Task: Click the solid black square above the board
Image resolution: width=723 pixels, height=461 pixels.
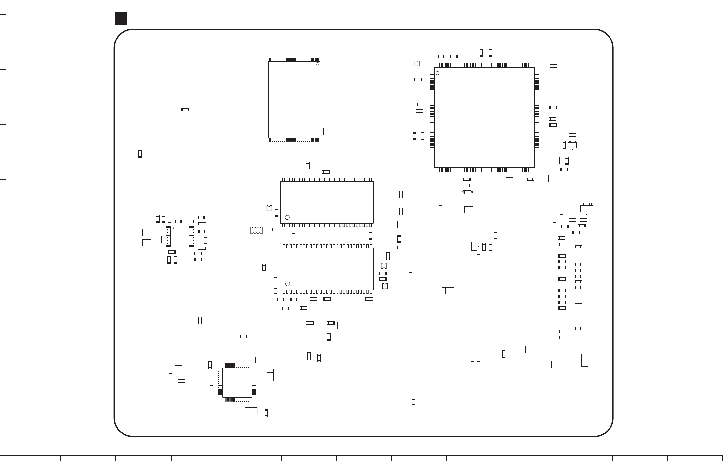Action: coord(121,18)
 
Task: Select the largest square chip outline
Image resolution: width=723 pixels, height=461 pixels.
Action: coord(484,117)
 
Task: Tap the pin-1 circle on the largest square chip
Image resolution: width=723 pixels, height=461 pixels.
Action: coord(437,73)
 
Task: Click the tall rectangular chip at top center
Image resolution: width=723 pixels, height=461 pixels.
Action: coord(294,99)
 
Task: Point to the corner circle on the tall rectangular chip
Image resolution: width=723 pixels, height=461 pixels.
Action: coord(317,64)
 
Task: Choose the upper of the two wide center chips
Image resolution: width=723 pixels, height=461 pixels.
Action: coord(327,202)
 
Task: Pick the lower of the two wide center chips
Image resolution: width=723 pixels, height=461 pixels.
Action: coord(327,269)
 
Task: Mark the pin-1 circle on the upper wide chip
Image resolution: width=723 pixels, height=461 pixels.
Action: coord(287,217)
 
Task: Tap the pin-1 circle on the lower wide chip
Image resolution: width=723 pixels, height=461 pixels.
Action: coord(288,284)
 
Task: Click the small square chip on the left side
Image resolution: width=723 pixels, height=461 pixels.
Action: coord(180,236)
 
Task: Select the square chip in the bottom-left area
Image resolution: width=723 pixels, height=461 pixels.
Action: coord(237,382)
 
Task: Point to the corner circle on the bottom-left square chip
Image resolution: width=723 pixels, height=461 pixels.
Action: coord(226,395)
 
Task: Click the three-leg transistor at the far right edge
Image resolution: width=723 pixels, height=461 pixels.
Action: coord(586,209)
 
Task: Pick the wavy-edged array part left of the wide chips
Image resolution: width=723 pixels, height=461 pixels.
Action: coord(256,230)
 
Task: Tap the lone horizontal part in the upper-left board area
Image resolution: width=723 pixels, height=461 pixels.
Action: coord(185,110)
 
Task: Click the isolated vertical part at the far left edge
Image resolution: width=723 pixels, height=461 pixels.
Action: coord(140,154)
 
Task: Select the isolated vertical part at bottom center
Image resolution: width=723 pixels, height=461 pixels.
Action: coord(413,402)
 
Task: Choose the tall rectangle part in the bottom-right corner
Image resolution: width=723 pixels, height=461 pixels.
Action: coord(585,360)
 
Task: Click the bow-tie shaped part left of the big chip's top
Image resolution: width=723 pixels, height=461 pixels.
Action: coord(417,63)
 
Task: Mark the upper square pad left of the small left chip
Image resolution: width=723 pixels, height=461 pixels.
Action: coord(147,232)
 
